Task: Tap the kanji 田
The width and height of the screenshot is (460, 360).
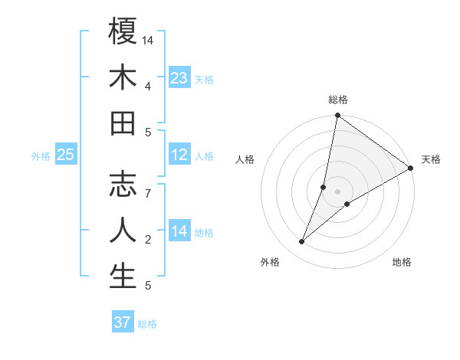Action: click(123, 123)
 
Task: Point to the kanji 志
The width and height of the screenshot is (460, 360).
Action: click(123, 185)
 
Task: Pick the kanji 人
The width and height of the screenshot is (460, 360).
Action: click(123, 231)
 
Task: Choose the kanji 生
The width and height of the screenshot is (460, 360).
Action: click(123, 277)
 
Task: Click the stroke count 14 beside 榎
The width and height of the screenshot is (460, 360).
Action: click(149, 39)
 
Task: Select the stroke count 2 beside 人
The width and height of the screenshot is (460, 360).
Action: click(148, 240)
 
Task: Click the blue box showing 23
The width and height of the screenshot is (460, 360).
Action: click(179, 77)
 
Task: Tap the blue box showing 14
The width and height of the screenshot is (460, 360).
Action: click(179, 231)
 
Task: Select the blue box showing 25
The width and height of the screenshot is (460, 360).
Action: click(66, 155)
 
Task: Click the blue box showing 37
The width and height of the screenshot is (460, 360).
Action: click(122, 322)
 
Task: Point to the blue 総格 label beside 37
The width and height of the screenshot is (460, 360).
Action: click(147, 324)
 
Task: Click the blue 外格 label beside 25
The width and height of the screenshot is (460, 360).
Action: click(41, 156)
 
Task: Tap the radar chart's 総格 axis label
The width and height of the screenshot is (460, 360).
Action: click(338, 100)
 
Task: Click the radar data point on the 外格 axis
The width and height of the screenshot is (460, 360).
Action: click(302, 242)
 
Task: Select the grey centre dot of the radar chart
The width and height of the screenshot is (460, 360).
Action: click(337, 191)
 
